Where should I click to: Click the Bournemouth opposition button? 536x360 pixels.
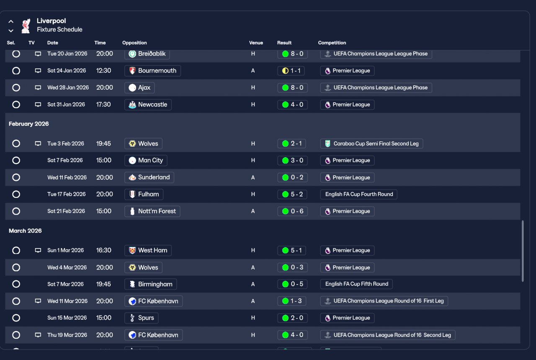point(152,71)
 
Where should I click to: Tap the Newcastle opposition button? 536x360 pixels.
point(148,105)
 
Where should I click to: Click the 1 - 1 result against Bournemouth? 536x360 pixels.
point(291,71)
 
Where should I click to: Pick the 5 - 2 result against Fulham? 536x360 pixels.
point(292,194)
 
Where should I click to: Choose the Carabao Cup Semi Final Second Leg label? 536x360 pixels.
point(372,144)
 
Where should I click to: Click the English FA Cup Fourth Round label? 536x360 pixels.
point(358,194)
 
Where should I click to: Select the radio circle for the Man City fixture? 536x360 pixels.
point(16,161)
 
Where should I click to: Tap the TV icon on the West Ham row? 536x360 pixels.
point(38,251)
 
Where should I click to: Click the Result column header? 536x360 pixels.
point(284,43)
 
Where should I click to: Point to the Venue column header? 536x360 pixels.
point(256,43)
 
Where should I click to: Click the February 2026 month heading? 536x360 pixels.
point(29,124)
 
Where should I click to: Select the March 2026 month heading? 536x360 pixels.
point(25,231)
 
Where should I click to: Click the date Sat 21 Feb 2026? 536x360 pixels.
point(66,211)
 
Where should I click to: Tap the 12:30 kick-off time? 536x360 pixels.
point(103,71)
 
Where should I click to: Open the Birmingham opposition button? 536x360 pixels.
point(151,284)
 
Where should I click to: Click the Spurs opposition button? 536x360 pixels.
point(142,318)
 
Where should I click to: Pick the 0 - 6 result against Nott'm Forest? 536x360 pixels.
point(292,211)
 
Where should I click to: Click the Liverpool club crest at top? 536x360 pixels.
point(26,26)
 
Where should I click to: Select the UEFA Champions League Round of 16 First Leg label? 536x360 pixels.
point(384,301)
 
